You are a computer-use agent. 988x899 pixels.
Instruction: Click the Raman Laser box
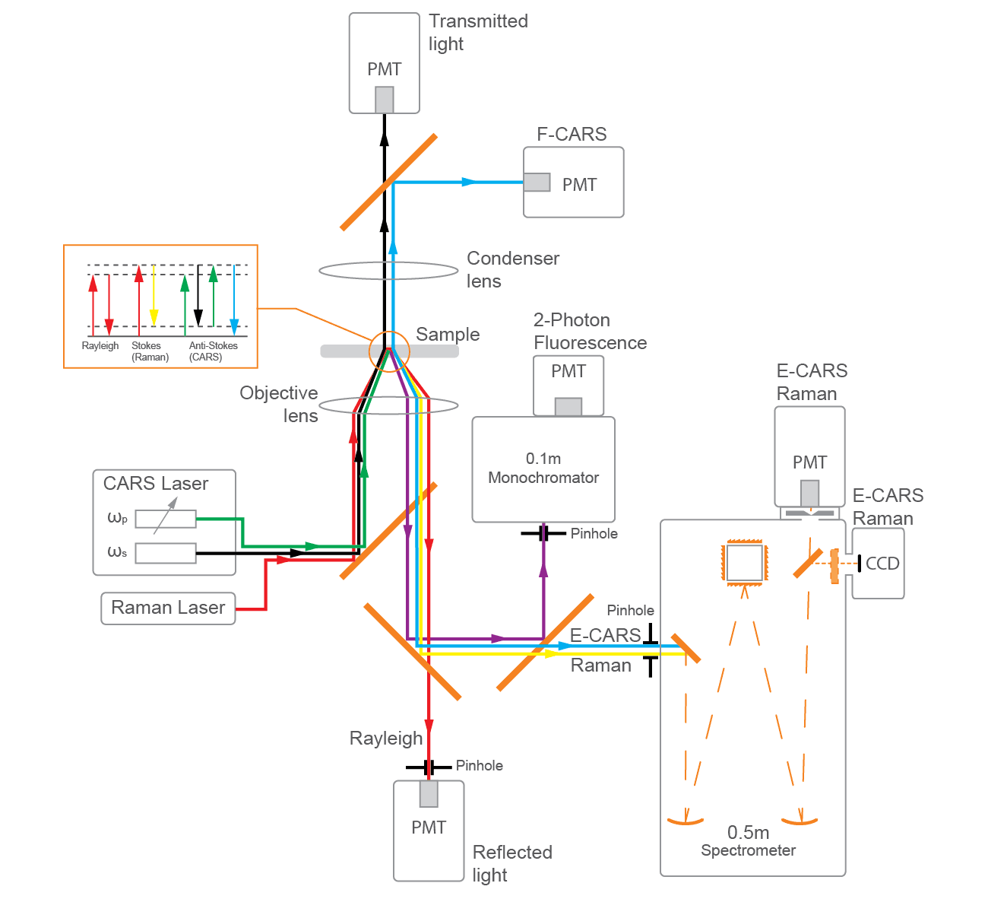[x=168, y=608]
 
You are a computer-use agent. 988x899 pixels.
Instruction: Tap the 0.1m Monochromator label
[x=543, y=469]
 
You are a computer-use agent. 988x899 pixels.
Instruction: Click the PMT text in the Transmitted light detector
[x=384, y=69]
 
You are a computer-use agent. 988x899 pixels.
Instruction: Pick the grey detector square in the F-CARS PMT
[x=537, y=183]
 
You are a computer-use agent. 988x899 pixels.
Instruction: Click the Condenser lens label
[x=512, y=269]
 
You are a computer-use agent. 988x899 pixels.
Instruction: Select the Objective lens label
[x=279, y=404]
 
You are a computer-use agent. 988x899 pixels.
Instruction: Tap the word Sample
[x=448, y=335]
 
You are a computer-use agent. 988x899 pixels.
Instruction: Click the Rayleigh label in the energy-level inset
[x=100, y=346]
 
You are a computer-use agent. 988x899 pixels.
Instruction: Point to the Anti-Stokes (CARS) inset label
[x=213, y=351]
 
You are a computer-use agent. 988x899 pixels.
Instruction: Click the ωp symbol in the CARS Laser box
[x=117, y=519]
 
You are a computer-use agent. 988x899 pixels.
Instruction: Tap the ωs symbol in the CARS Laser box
[x=117, y=552]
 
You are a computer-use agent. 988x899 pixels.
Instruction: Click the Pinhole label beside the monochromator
[x=594, y=534]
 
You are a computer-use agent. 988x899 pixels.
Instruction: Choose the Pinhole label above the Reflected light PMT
[x=479, y=766]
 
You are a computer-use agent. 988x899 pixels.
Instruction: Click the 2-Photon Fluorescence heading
[x=590, y=332]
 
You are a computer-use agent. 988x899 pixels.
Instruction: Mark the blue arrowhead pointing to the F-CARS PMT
[x=470, y=183]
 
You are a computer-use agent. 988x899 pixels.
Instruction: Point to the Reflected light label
[x=511, y=863]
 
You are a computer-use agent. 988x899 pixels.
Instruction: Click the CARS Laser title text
[x=155, y=484]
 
